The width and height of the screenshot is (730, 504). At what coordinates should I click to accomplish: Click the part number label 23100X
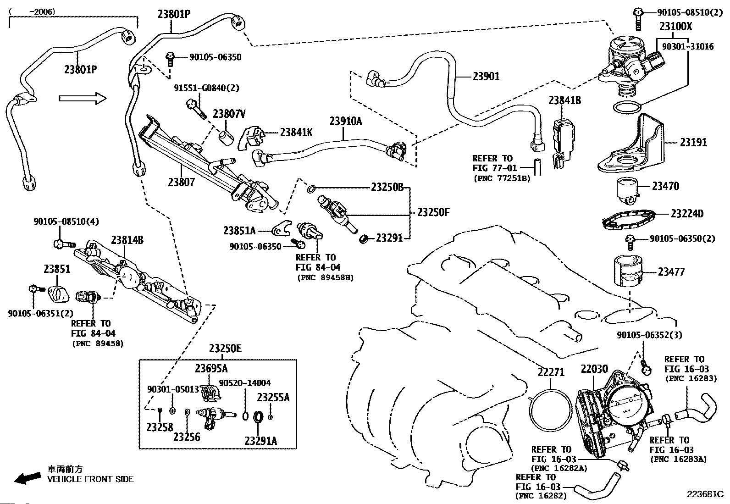[675, 27]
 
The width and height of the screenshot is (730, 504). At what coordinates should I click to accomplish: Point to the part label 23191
[693, 142]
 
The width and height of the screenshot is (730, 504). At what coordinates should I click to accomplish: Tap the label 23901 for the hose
[486, 76]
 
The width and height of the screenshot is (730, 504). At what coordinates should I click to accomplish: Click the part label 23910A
[345, 121]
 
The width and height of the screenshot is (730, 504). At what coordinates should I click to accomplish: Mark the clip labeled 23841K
[252, 136]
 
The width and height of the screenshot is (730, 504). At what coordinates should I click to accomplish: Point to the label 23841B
[564, 100]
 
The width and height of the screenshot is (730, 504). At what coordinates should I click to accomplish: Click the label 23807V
[229, 114]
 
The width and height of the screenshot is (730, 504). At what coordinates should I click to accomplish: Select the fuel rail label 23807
[181, 182]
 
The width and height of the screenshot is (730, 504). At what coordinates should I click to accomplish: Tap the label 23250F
[433, 212]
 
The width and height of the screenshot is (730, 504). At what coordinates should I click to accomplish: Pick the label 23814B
[127, 240]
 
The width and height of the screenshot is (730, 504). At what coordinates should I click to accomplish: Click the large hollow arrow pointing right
[83, 98]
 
